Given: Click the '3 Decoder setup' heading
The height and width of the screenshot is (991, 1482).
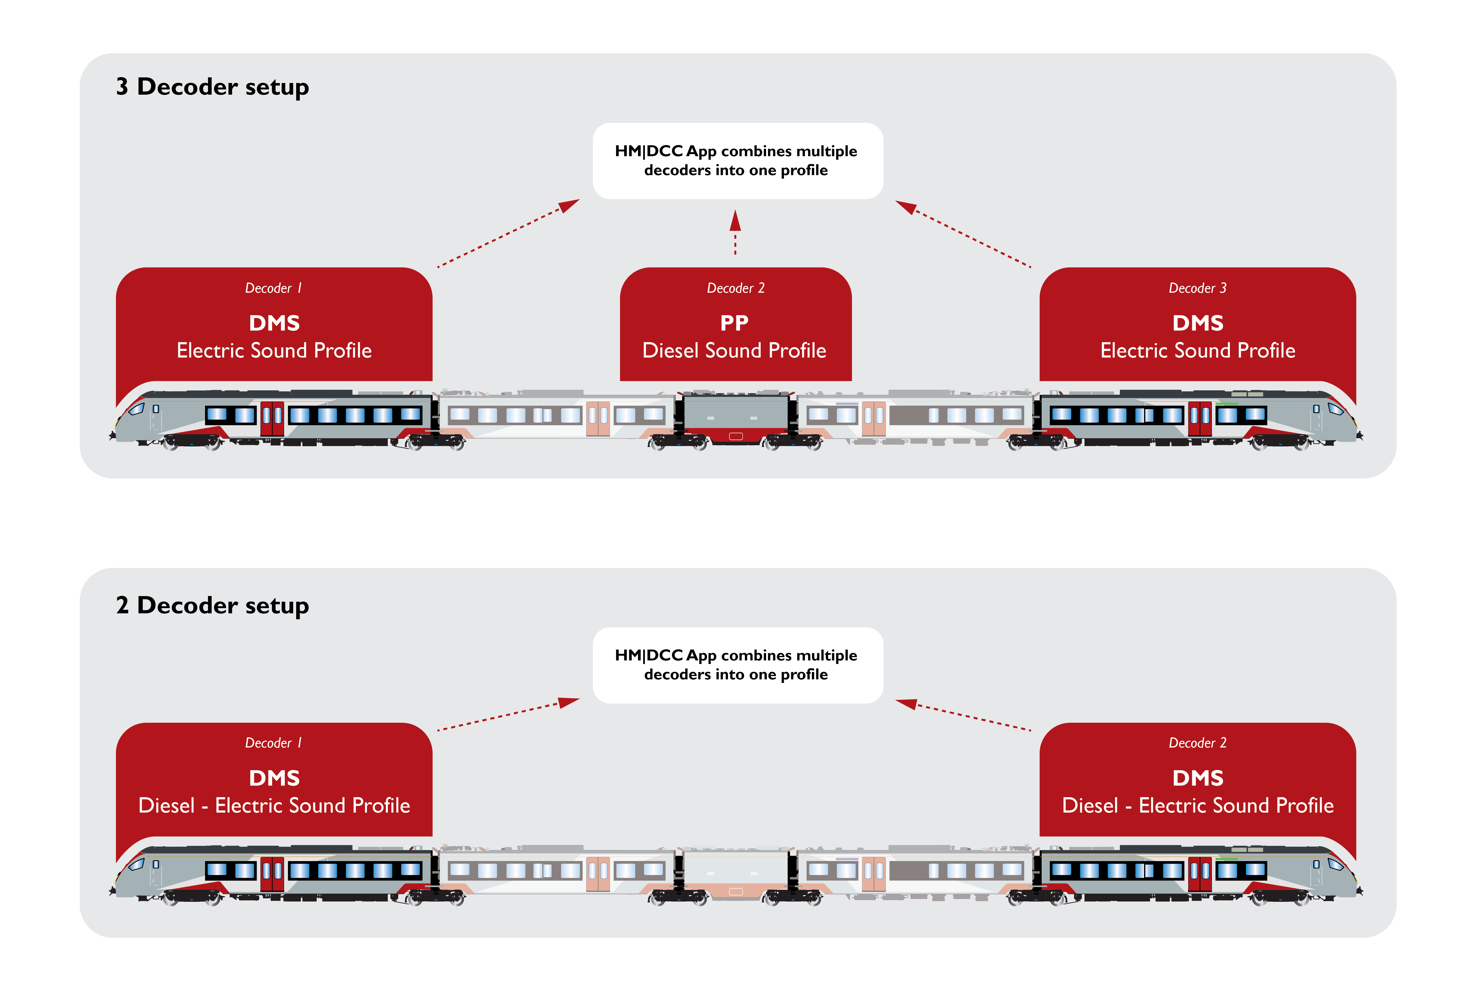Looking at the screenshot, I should pos(212,87).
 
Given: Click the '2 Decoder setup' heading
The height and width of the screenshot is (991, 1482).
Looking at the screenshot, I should pos(212,606).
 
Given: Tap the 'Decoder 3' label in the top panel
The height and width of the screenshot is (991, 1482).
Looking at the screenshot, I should pos(1197,288).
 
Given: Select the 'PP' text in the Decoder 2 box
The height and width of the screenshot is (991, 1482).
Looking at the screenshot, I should pos(734,323).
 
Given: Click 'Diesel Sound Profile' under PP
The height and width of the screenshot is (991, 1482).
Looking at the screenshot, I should pos(734,351).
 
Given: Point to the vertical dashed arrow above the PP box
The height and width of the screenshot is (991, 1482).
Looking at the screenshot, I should pos(735,233).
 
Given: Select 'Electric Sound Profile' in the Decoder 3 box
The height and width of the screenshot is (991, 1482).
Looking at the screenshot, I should pos(1197,351).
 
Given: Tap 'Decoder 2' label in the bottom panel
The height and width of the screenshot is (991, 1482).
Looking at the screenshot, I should pos(1197,743).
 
